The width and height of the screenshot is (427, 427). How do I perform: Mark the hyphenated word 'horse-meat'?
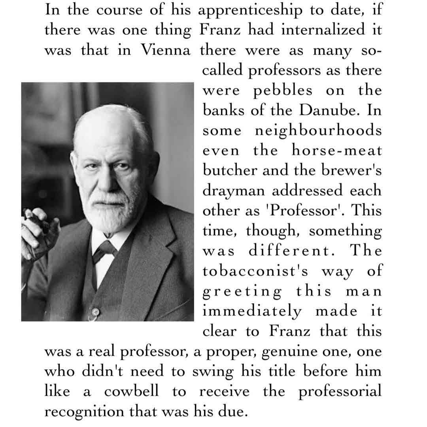click(x=337, y=151)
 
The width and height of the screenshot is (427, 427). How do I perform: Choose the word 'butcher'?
click(x=225, y=171)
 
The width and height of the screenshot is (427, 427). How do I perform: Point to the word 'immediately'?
click(x=252, y=311)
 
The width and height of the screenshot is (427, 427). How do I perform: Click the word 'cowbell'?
click(x=131, y=392)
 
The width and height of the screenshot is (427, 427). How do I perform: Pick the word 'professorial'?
click(x=340, y=392)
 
